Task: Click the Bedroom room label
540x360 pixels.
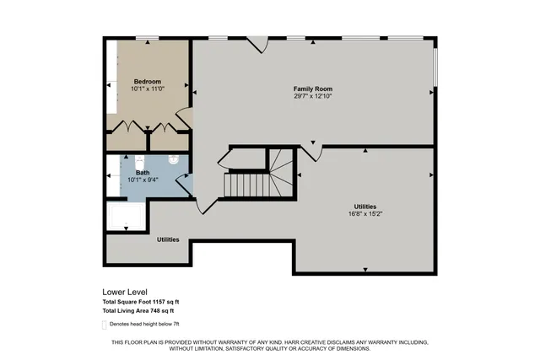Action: [147, 81]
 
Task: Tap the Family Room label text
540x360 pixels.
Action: [313, 89]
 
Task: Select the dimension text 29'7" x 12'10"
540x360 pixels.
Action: [313, 96]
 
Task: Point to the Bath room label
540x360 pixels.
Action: [143, 173]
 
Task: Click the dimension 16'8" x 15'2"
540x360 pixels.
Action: [364, 214]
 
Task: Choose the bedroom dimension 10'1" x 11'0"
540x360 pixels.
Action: [147, 89]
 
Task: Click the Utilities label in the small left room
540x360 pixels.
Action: [168, 239]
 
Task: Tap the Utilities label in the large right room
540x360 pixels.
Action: [364, 207]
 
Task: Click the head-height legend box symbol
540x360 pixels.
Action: [105, 324]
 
